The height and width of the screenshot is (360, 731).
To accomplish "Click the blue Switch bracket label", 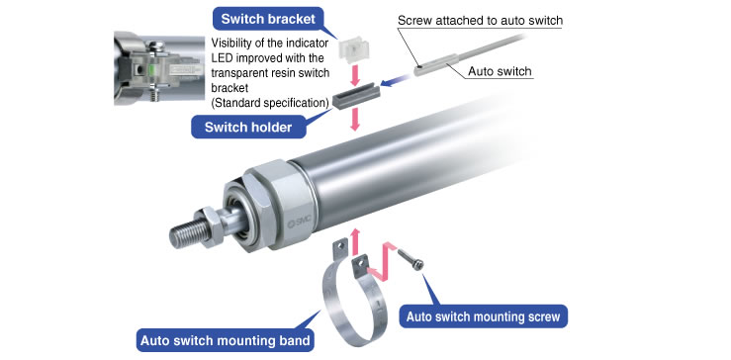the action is (268, 19).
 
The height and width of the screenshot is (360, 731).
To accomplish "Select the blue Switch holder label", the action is (248, 128).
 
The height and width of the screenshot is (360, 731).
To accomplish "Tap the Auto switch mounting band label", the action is (225, 340).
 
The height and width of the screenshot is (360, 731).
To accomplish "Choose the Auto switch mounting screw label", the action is (483, 316).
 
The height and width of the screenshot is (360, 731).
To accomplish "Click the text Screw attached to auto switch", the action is (480, 21).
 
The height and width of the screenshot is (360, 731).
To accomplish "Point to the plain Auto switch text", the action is (500, 71).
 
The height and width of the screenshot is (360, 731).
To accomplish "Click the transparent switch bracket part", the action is (354, 49).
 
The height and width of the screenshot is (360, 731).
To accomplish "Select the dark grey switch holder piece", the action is (357, 95).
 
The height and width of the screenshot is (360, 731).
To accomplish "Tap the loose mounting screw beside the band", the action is (411, 258).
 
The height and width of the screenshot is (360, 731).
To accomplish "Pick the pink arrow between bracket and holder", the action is (356, 75).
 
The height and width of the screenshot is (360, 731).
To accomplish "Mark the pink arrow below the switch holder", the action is (356, 120).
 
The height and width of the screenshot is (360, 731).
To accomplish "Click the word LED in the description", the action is (222, 57).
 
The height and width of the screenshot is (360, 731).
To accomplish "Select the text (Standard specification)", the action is (270, 103).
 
